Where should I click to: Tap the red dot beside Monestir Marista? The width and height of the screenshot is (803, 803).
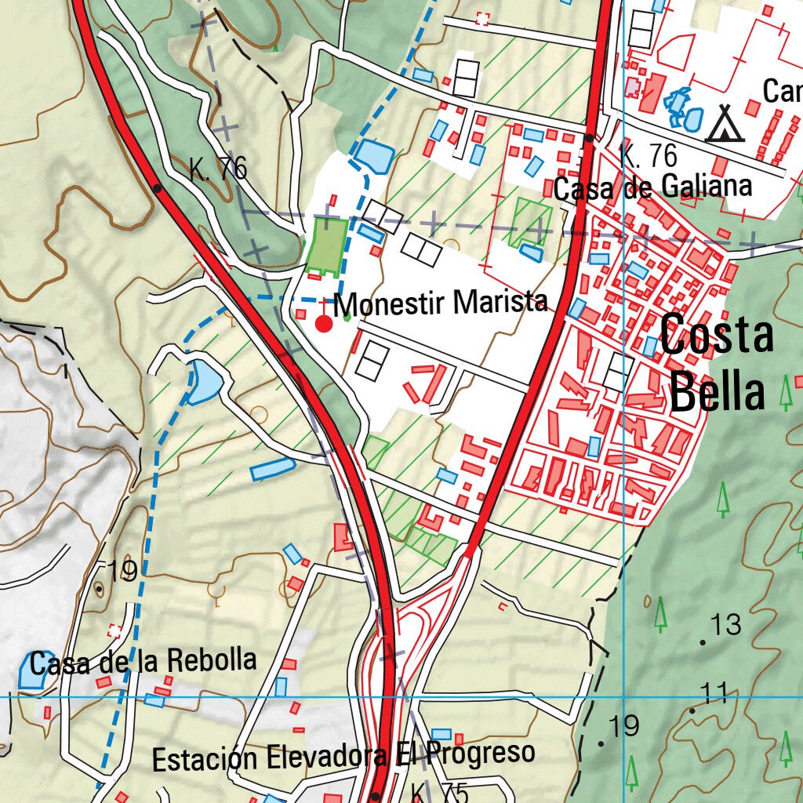coord(323,323)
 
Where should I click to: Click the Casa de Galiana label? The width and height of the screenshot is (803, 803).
coord(652,187)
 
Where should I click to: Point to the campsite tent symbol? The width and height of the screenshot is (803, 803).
coord(724,124)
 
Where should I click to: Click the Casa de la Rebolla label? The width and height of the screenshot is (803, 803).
coord(144,662)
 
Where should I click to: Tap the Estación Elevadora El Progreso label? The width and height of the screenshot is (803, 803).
coord(343,757)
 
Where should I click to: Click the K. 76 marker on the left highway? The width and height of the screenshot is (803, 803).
coord(218,167)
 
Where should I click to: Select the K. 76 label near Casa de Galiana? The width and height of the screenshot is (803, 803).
coord(648,155)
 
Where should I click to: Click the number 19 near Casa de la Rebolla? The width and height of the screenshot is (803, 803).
coord(122,572)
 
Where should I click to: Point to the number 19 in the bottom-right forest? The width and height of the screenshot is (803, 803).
coord(624,726)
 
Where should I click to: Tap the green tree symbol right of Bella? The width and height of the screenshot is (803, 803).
coord(786,392)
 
